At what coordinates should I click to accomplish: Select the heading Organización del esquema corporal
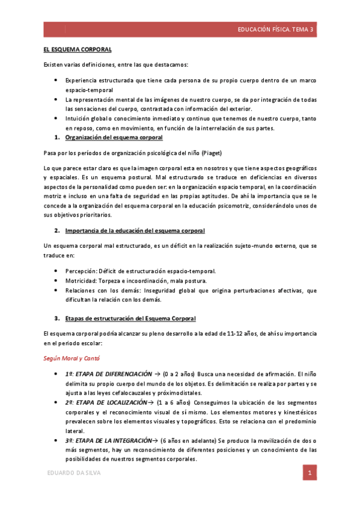[113, 138]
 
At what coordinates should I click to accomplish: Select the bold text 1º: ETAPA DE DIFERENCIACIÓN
[108, 374]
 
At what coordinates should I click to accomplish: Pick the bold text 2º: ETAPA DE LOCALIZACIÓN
[106, 402]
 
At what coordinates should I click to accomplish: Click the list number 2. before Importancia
[56, 231]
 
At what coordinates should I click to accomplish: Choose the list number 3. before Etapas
[56, 318]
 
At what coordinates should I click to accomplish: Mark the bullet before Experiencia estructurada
[56, 80]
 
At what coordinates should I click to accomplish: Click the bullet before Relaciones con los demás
[56, 290]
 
